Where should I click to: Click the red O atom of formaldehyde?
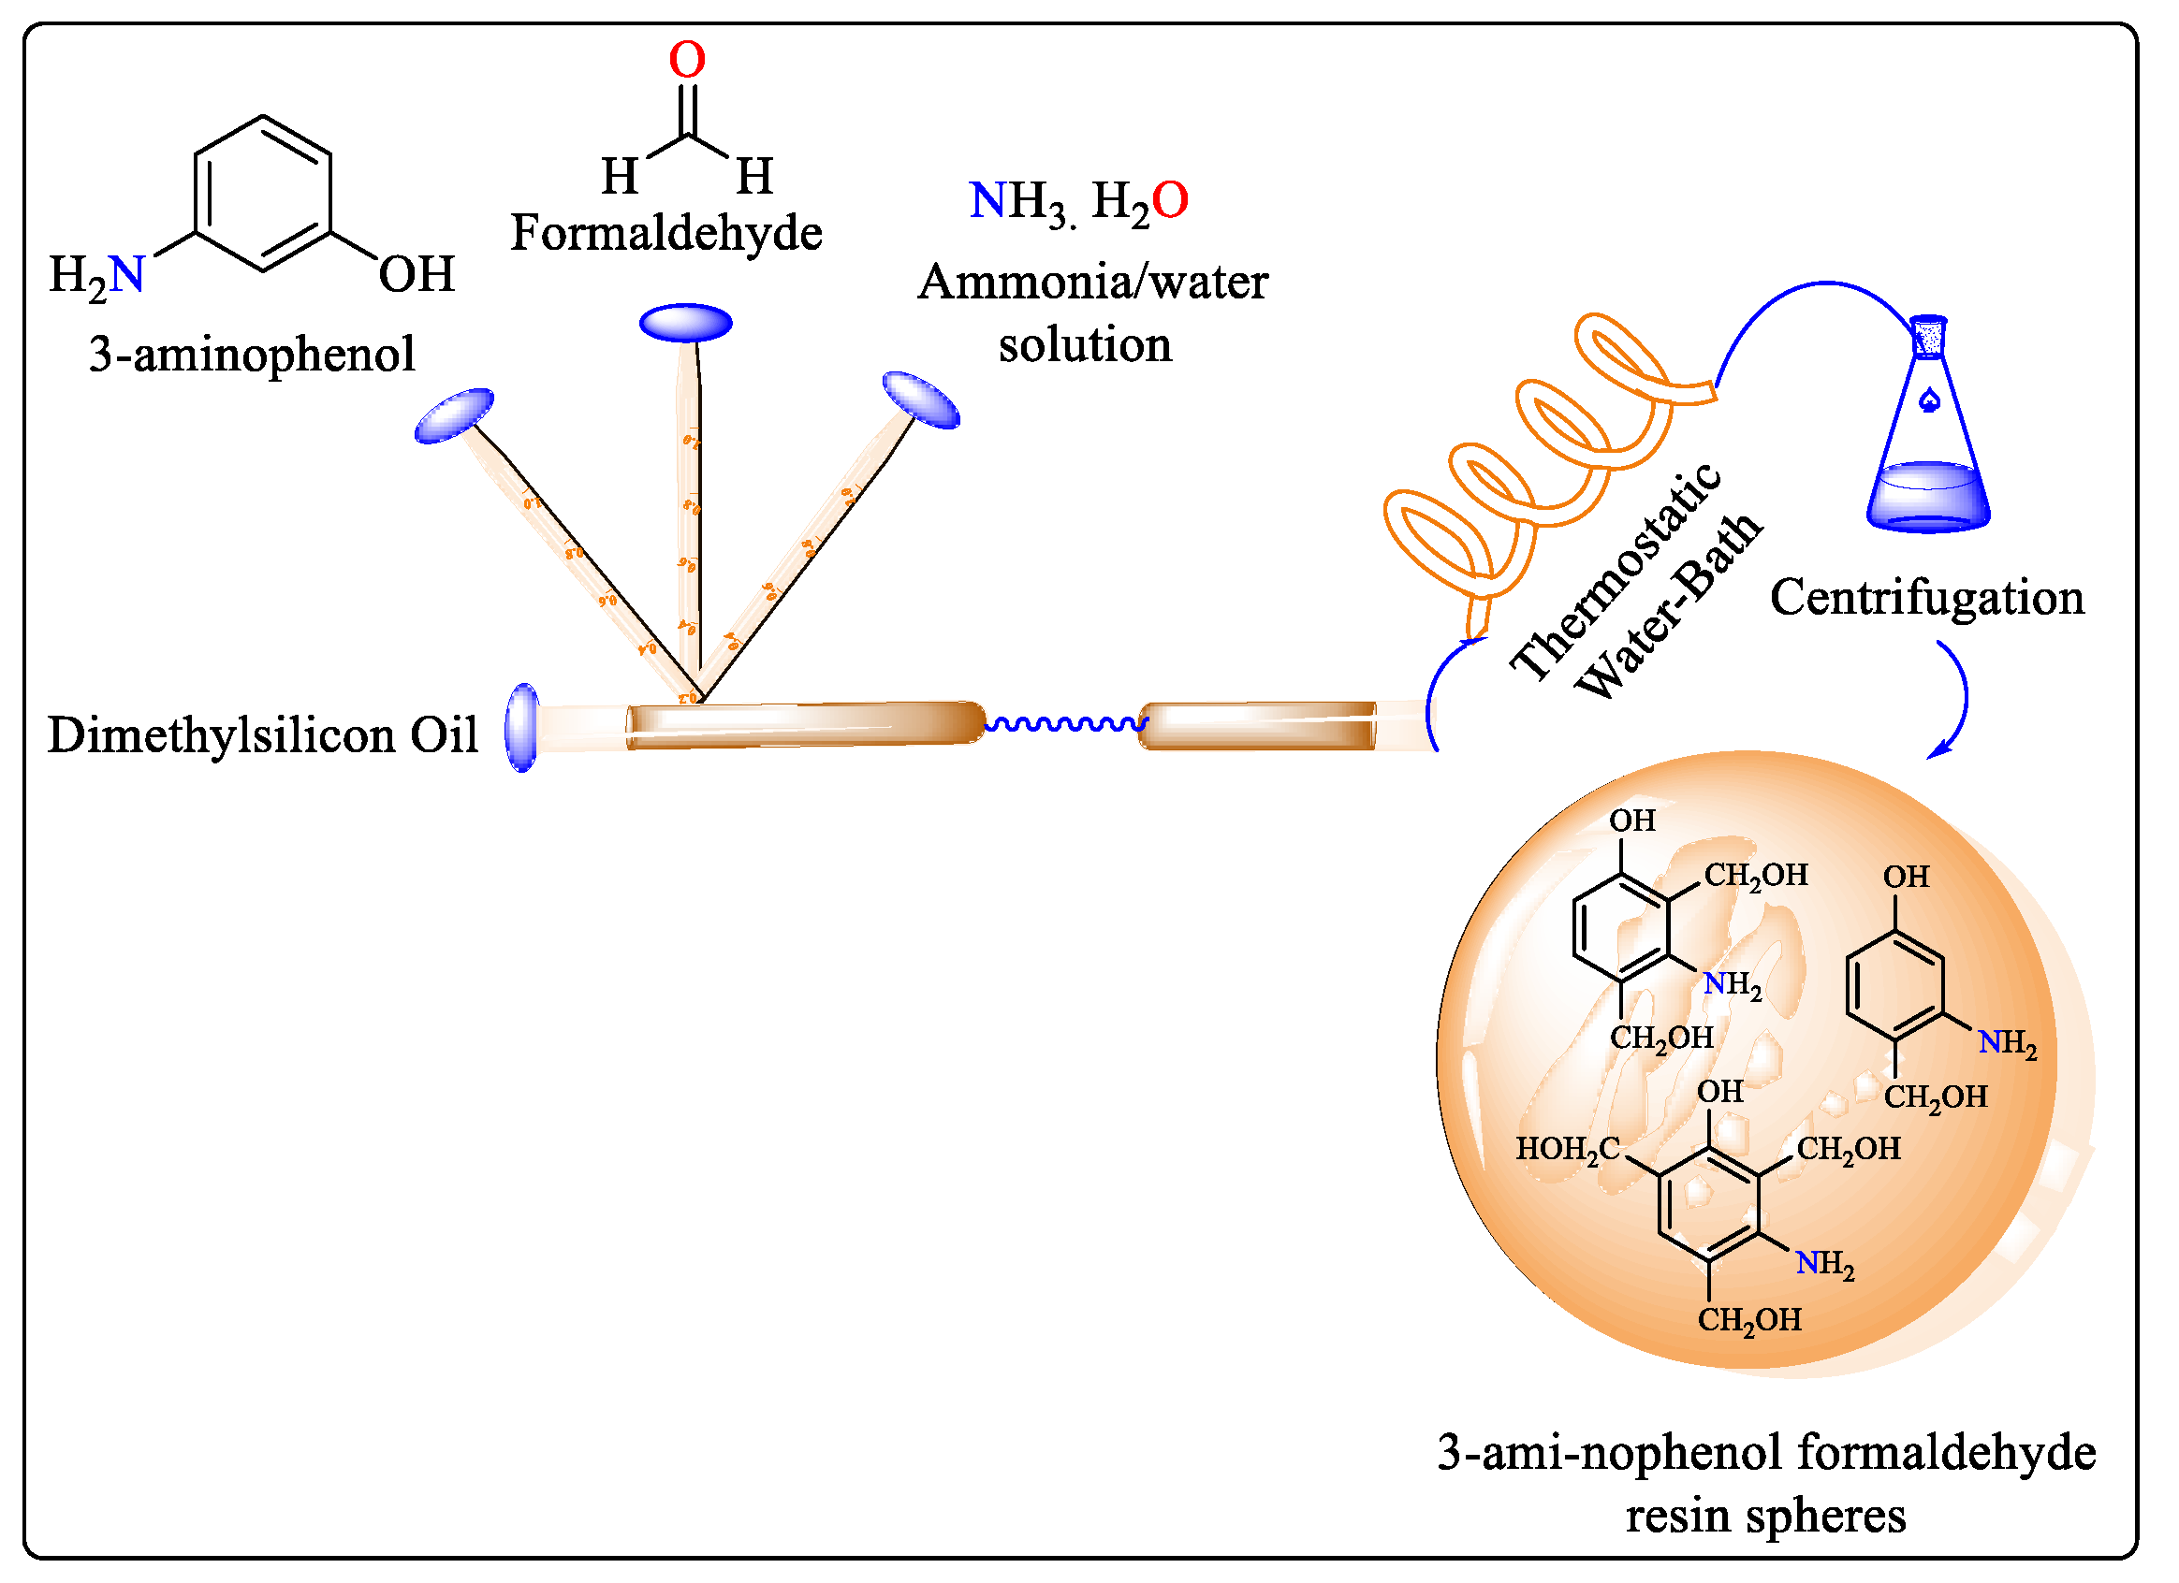point(687,60)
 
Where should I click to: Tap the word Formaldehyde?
point(665,233)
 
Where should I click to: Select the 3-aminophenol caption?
point(252,355)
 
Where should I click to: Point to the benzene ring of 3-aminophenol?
point(263,195)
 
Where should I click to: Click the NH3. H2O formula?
point(1079,203)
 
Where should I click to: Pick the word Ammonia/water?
point(1093,283)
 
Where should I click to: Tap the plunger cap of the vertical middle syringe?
point(686,324)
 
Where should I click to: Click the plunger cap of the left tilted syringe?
point(455,416)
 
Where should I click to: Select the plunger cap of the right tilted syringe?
point(921,400)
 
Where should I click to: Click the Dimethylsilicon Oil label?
point(262,736)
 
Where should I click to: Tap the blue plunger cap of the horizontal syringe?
point(522,728)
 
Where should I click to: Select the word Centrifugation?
point(1927,599)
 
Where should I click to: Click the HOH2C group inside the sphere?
point(1569,1150)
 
